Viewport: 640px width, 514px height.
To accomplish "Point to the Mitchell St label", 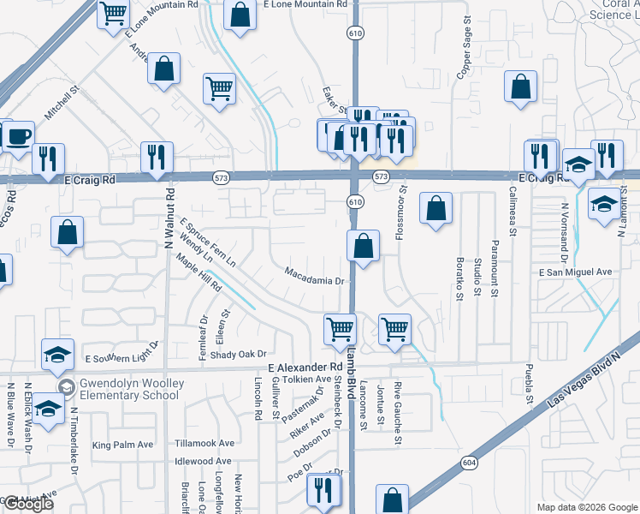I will pyautogui.click(x=62, y=101).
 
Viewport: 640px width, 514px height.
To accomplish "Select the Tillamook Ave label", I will pyautogui.click(x=204, y=443).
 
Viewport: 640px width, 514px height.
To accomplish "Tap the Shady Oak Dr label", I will pyautogui.click(x=239, y=354).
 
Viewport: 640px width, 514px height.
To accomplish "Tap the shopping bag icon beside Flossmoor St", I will pyautogui.click(x=436, y=209).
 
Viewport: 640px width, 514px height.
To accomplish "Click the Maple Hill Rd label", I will pyautogui.click(x=198, y=273).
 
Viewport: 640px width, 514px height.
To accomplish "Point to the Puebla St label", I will pyautogui.click(x=529, y=386).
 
